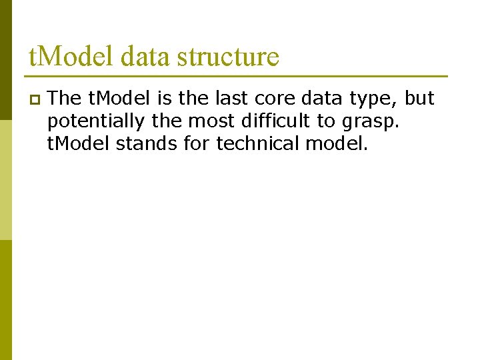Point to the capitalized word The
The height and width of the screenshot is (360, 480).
coord(65,99)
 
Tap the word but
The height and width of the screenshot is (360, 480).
coord(420,99)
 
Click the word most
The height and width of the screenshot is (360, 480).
coord(219,121)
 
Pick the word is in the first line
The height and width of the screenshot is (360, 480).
coord(164,99)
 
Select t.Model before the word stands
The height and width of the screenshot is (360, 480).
coord(79,143)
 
